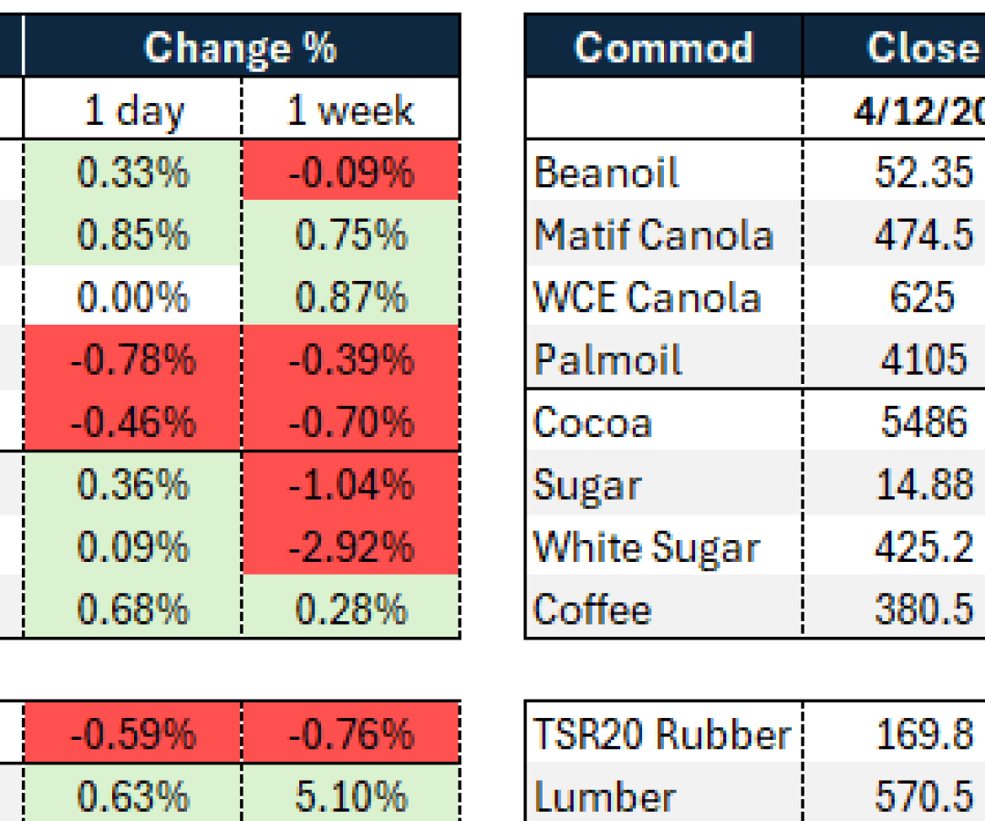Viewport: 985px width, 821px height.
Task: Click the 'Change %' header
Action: click(x=241, y=47)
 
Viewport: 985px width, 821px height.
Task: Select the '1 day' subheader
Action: click(x=133, y=110)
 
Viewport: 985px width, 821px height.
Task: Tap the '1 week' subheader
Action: click(x=351, y=110)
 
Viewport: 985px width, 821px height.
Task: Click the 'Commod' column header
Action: click(x=663, y=47)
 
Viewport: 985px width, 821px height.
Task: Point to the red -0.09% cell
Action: click(x=351, y=172)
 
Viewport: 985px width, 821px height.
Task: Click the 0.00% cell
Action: click(x=133, y=297)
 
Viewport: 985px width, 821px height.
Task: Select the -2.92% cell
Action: click(x=351, y=547)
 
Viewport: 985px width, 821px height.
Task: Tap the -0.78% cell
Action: click(x=133, y=359)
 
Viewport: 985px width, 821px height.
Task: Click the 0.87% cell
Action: click(x=351, y=297)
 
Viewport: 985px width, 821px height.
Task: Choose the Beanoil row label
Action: click(x=607, y=172)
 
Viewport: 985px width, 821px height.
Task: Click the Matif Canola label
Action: click(x=653, y=235)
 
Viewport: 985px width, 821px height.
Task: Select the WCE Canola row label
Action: click(x=647, y=297)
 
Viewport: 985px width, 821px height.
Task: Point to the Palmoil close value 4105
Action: click(x=923, y=359)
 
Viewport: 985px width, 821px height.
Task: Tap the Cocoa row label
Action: click(x=593, y=422)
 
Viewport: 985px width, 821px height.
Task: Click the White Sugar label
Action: click(x=646, y=547)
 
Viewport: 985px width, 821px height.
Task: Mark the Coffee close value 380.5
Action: click(x=923, y=609)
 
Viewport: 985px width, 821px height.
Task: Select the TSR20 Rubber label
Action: click(x=661, y=734)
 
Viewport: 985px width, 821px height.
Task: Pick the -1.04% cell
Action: click(x=351, y=485)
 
